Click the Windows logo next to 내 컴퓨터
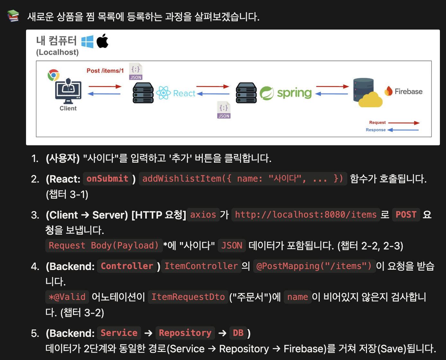pyautogui.click(x=87, y=42)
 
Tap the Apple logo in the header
pyautogui.click(x=103, y=41)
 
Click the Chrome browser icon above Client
pyautogui.click(x=53, y=75)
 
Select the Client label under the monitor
pyautogui.click(x=68, y=108)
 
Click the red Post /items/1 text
pyautogui.click(x=105, y=71)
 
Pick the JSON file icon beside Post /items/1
pyautogui.click(x=136, y=71)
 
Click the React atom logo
pyautogui.click(x=163, y=93)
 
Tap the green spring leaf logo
pyautogui.click(x=267, y=93)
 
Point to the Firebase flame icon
pyautogui.click(x=388, y=91)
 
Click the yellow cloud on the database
pyautogui.click(x=370, y=100)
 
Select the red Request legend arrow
pyautogui.click(x=404, y=123)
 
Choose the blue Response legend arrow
pyautogui.click(x=403, y=130)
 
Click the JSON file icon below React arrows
pyautogui.click(x=224, y=110)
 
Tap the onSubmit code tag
pyautogui.click(x=108, y=179)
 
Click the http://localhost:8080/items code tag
pyautogui.click(x=306, y=215)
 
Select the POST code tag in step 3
pyautogui.click(x=406, y=215)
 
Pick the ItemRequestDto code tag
pyautogui.click(x=188, y=297)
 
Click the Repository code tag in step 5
pyautogui.click(x=185, y=333)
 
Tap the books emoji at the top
pyautogui.click(x=13, y=16)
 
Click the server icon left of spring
pyautogui.click(x=246, y=93)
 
